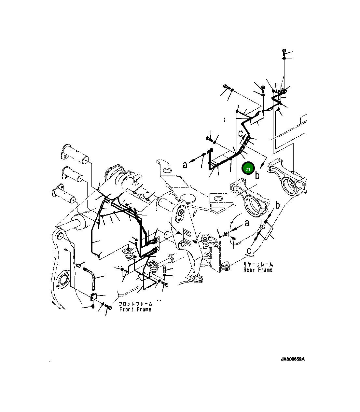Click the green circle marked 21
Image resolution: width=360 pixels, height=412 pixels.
coord(248,169)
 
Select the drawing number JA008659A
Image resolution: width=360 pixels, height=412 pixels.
coord(293,359)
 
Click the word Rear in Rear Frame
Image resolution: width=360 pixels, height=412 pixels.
coord(250,270)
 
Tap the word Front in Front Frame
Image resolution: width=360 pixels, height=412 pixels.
coord(126,309)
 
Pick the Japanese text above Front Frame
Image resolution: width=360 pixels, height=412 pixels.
coord(135,304)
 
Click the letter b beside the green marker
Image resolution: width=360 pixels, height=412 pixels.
coord(257,176)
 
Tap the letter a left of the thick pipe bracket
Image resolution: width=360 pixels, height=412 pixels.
coord(185,165)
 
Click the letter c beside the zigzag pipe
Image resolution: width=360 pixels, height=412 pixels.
coord(241,133)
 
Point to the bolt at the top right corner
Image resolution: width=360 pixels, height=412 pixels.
coord(284,51)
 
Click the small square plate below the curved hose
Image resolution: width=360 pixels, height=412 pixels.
coord(94,296)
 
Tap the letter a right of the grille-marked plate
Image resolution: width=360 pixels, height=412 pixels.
coord(247,223)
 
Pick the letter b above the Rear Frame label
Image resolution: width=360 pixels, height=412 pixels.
coord(277,205)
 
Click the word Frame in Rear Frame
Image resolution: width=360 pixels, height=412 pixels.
coord(265,270)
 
